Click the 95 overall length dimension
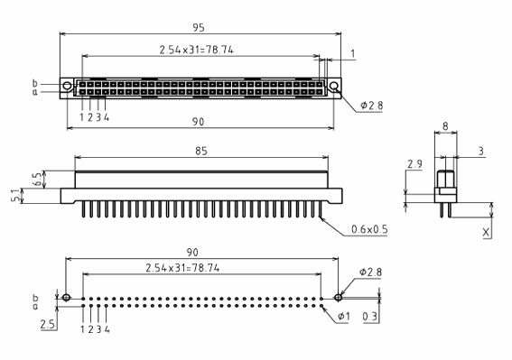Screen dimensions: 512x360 pos(198,28)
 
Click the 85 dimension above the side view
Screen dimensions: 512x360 pos(201,151)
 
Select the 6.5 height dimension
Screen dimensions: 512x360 pos(38,180)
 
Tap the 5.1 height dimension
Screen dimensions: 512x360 pos(15,196)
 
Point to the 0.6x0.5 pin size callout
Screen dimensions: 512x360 pos(369,229)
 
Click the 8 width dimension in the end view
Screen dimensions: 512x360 pos(445,126)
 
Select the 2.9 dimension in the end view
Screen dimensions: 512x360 pos(414,164)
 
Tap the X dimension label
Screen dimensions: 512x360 pos(486,233)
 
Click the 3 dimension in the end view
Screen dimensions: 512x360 pos(480,151)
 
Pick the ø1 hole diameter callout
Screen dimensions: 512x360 pos(343,317)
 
